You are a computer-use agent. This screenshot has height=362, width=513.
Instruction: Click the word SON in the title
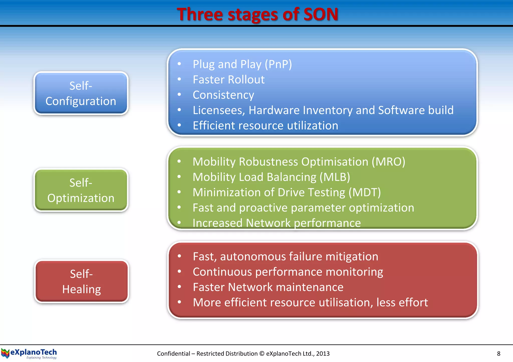pyautogui.click(x=321, y=14)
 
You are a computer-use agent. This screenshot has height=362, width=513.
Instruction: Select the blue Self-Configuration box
pyautogui.click(x=81, y=93)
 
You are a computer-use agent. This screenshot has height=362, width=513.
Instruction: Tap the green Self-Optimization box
pyautogui.click(x=81, y=190)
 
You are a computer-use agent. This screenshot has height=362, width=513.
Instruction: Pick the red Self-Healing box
pyautogui.click(x=81, y=281)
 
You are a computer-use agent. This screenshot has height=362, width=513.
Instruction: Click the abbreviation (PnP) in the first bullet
pyautogui.click(x=278, y=64)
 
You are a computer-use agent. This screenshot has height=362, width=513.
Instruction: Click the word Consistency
pyautogui.click(x=223, y=95)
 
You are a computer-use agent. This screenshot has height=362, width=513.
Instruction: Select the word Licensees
pyautogui.click(x=219, y=110)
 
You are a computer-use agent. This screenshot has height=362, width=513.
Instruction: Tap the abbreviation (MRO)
pyautogui.click(x=388, y=162)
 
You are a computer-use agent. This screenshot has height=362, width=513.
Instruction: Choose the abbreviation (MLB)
pyautogui.click(x=335, y=177)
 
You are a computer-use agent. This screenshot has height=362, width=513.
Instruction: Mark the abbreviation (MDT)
pyautogui.click(x=365, y=192)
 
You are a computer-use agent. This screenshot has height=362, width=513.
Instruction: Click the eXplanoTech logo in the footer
pyautogui.click(x=29, y=353)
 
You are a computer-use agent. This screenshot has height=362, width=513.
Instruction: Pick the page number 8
pyautogui.click(x=498, y=353)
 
